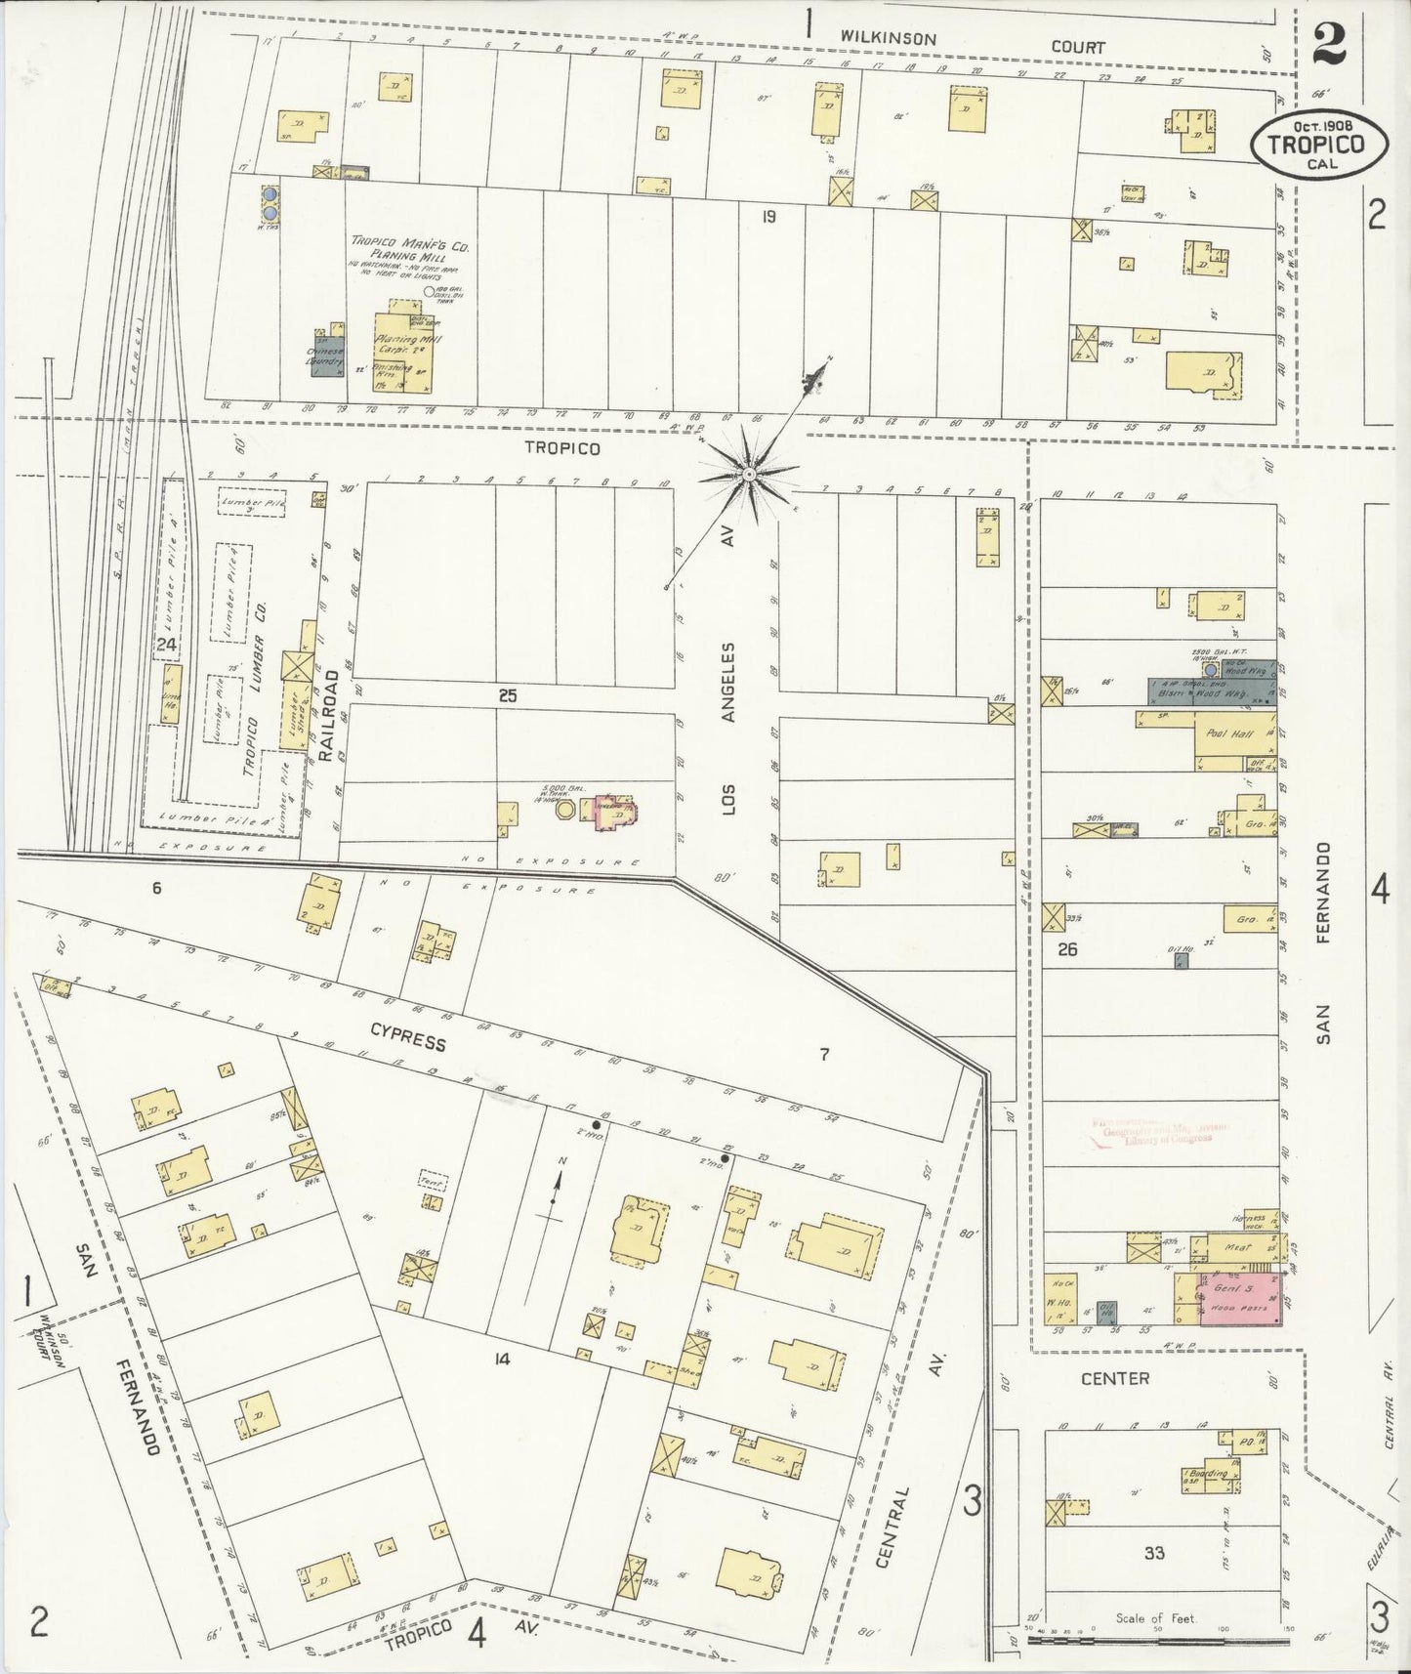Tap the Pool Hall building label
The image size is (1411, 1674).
point(1227,733)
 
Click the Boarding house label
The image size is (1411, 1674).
point(1209,1473)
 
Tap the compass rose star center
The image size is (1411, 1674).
point(748,475)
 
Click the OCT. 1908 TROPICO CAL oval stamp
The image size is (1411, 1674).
point(1320,144)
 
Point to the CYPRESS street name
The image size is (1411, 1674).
point(408,1038)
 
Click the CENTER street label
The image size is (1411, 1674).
point(1114,1378)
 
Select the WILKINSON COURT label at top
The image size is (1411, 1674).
point(973,42)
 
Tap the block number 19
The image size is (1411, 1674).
point(768,217)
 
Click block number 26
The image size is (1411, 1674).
point(1067,948)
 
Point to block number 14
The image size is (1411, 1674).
point(503,1359)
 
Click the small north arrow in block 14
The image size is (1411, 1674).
point(556,1187)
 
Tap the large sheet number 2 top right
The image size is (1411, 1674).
point(1329,44)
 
